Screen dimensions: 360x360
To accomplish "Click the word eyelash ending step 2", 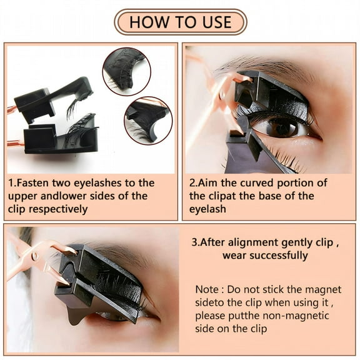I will point(207,209).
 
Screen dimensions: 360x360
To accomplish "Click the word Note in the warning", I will point(207,289).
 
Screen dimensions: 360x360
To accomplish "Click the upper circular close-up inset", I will point(126,71).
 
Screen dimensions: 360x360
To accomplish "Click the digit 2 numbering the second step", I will point(192,182).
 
